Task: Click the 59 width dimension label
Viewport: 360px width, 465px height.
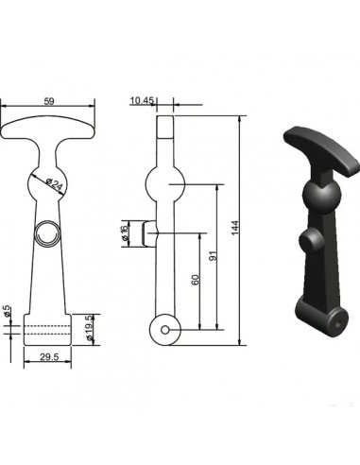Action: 49,101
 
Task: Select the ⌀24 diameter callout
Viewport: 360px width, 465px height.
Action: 54,185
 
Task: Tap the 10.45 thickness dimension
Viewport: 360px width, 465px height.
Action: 142,100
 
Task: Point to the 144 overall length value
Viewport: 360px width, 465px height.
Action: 235,228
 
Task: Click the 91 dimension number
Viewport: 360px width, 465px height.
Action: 214,256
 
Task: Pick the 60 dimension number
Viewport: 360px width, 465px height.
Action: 196,280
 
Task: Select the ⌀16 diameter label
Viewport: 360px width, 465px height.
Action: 126,233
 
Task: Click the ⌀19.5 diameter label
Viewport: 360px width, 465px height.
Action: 89,328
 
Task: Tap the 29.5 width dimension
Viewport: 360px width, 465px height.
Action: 49,356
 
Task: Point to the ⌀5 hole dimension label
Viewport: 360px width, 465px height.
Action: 7,311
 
